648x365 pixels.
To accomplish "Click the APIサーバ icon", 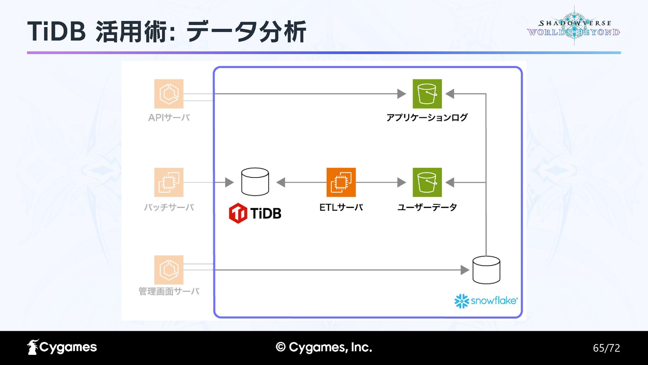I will coord(169,94).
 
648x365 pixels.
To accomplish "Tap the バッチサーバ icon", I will coord(169,182).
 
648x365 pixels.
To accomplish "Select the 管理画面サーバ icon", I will coord(169,270).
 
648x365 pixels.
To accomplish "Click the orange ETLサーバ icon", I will coord(341,182).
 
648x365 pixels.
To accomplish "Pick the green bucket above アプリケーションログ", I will coord(427,94).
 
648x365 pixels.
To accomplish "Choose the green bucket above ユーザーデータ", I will coord(427,182).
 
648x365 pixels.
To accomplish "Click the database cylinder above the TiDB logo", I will coord(255,182).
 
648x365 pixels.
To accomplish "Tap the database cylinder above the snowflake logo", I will coord(486,270).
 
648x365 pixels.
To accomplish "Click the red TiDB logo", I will coord(255,213).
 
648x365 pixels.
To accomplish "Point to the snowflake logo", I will coord(486,301).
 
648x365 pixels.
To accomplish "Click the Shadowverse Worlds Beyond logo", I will coord(574,27).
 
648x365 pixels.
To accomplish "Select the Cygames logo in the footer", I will coord(62,347).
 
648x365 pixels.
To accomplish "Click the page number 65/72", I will coord(606,348).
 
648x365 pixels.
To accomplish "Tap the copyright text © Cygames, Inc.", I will coord(324,347).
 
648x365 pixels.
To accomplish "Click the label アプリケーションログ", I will coord(427,118).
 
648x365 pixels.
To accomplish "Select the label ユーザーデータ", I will coord(427,207).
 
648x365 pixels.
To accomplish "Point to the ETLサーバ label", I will coord(341,207).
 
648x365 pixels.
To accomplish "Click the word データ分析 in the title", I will coord(246,31).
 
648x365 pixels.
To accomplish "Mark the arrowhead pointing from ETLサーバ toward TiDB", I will coord(281,182).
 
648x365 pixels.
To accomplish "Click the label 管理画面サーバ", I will coord(169,291).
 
